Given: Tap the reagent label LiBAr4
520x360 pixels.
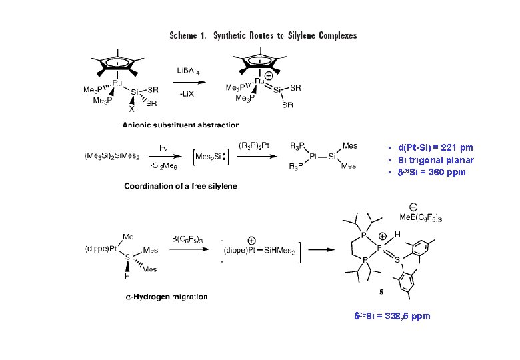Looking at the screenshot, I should pos(187,70).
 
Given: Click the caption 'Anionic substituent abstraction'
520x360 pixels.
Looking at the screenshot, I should pos(180,125).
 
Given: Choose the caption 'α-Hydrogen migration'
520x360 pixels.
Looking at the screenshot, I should pos(167,297).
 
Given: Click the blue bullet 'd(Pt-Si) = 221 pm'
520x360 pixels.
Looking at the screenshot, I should pos(435,147).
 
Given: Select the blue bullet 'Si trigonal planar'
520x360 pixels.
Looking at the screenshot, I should pos(435,160).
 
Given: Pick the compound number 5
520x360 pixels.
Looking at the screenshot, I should pos(381,291).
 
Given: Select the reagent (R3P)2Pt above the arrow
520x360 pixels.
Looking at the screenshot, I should pos(253,145).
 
